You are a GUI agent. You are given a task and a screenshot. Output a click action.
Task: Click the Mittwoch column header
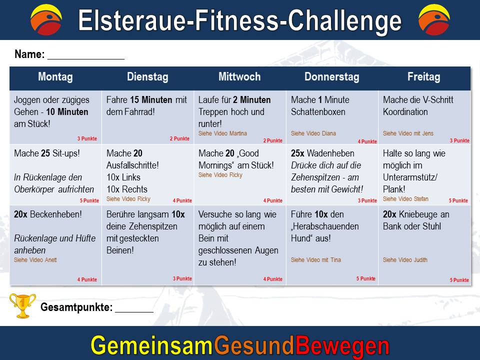[x=239, y=76]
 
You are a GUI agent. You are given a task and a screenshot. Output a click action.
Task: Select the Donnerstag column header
[x=332, y=77]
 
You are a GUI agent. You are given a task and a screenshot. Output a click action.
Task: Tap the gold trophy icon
[x=22, y=305]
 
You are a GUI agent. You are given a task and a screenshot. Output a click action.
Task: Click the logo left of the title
[x=46, y=19]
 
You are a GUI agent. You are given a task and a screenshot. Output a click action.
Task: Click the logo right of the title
[x=434, y=19]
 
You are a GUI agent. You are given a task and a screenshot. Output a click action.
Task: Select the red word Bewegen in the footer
[x=342, y=346]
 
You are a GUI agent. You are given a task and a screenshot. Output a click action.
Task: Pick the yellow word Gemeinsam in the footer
[x=152, y=345]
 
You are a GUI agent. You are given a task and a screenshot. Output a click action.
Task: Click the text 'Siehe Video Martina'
[x=222, y=133]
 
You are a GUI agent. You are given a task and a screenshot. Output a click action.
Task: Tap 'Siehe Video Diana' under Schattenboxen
[x=313, y=133]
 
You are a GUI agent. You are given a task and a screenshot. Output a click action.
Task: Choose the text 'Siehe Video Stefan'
[x=405, y=199]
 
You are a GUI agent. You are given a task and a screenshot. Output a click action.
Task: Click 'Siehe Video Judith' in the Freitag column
[x=405, y=260]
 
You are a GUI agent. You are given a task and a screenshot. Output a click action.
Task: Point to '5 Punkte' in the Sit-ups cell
[x=89, y=201]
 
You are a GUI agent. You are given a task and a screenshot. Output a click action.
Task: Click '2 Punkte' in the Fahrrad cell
[x=179, y=138]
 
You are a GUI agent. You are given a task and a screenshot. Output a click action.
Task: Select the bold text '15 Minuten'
[x=151, y=100]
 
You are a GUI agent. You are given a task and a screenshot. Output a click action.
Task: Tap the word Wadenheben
[x=330, y=153]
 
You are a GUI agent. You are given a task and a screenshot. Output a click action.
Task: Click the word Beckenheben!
[x=55, y=214]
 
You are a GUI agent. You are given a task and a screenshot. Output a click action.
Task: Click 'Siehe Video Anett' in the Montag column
[x=35, y=260]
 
